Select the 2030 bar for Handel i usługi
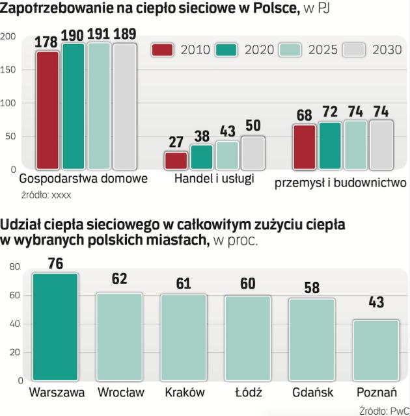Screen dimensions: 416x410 tap(253, 153)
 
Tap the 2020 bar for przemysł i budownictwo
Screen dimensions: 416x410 tap(330, 146)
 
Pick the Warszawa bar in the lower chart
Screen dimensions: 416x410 tap(55, 327)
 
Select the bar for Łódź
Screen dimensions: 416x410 tap(247, 338)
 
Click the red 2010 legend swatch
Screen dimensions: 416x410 tap(161, 49)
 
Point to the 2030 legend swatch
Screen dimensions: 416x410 tap(354, 49)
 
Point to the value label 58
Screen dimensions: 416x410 tap(311, 288)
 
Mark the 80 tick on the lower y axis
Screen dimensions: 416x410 tap(15, 266)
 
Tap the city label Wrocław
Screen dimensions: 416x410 tap(120, 392)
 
